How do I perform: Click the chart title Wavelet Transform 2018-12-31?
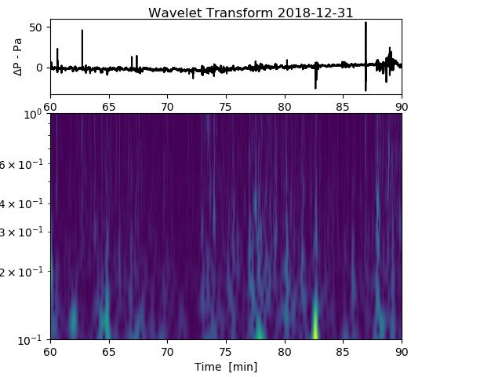(250, 13)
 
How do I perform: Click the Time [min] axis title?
(226, 367)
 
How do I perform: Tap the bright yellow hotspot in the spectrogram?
(316, 330)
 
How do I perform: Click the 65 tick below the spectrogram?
(109, 351)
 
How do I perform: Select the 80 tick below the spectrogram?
(285, 351)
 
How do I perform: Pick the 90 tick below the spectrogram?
(402, 351)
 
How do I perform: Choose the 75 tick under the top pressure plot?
(226, 105)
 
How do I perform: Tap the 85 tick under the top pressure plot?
(343, 105)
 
